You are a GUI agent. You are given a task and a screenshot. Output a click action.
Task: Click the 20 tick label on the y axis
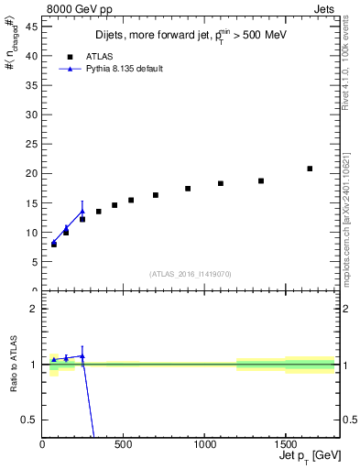(32, 173)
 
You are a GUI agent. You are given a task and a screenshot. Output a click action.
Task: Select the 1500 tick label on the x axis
(285, 443)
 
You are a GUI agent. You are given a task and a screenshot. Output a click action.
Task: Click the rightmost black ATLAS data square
(310, 169)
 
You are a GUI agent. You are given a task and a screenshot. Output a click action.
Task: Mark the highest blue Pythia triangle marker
(82, 212)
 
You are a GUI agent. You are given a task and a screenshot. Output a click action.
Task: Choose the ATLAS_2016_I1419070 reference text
(190, 273)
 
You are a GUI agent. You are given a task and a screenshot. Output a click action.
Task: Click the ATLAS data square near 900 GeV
(188, 189)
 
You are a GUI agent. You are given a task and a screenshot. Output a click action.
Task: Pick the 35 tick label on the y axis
(32, 85)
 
